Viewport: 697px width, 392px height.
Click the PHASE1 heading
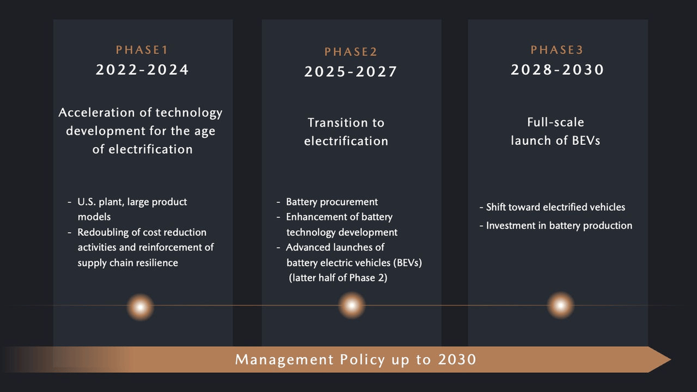[142, 50]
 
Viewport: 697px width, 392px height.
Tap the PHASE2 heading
[351, 51]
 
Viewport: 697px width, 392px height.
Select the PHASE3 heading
[557, 50]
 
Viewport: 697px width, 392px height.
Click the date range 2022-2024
[142, 70]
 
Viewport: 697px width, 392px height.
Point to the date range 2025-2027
[351, 71]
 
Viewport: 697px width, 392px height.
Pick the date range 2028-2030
[557, 70]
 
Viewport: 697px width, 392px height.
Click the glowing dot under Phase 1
[141, 307]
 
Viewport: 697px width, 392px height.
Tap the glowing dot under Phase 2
[352, 306]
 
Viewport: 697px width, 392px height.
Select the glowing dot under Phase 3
[560, 306]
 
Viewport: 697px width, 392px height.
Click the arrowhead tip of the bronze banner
[670, 359]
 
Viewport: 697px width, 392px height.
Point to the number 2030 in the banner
[457, 359]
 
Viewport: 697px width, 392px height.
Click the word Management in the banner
[284, 359]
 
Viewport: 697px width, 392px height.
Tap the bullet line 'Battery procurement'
[332, 202]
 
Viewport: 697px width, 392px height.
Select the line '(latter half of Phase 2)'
[338, 278]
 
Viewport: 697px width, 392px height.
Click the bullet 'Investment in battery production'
[559, 226]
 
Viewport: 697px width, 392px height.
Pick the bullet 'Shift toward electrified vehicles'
[555, 207]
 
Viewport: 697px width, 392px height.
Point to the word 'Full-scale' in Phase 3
[555, 122]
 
